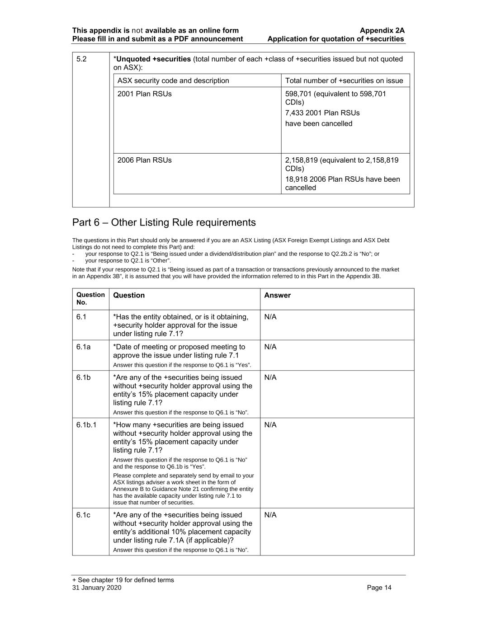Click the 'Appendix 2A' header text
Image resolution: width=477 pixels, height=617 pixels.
click(x=382, y=31)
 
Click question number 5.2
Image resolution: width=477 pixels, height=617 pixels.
click(x=81, y=59)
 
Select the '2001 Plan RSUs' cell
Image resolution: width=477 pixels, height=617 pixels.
click(x=145, y=94)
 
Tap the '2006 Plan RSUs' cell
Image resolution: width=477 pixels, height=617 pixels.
click(x=145, y=160)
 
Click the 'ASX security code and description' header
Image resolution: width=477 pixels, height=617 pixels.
click(x=173, y=81)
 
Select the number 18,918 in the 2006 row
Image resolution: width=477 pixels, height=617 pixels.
click(x=296, y=179)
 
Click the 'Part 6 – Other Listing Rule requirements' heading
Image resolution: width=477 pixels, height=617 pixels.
click(x=164, y=222)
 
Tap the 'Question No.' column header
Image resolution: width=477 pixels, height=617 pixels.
click(x=90, y=299)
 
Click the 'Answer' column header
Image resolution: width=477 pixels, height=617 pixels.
click(x=277, y=296)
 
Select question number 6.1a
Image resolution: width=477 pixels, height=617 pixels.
click(x=84, y=347)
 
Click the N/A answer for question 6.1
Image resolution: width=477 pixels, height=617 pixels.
click(x=270, y=317)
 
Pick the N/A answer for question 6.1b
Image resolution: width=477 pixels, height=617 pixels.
click(x=270, y=377)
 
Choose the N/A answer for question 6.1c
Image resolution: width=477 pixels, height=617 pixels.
click(x=270, y=515)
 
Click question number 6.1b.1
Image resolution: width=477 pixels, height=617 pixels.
click(x=86, y=425)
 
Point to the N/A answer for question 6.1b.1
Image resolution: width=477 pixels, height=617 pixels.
click(x=270, y=425)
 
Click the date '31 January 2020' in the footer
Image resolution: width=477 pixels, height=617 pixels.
click(x=97, y=588)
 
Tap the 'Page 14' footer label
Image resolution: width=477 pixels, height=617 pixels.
click(x=379, y=588)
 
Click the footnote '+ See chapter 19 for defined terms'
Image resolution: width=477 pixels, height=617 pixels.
click(x=123, y=580)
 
